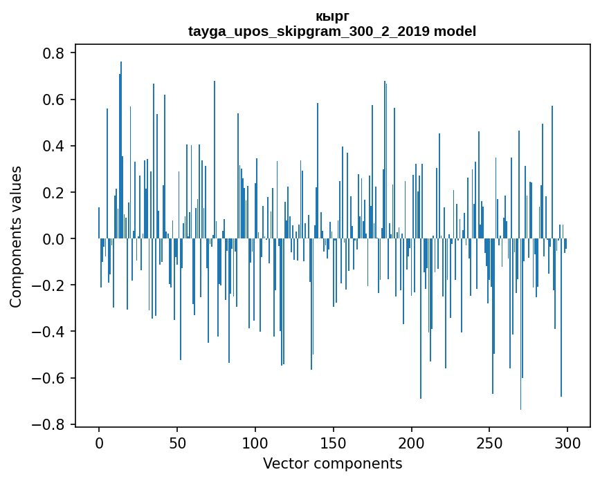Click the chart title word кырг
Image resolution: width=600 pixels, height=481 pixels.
click(x=332, y=17)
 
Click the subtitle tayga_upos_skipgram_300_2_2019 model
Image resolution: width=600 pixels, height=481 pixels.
click(x=332, y=31)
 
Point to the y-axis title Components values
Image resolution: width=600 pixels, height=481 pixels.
click(x=16, y=236)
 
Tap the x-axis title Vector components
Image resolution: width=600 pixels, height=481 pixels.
click(x=332, y=463)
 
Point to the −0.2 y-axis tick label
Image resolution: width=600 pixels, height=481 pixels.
click(x=49, y=285)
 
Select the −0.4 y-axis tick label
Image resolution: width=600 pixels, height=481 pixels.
click(x=49, y=332)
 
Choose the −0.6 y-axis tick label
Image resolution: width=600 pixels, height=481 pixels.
click(x=49, y=378)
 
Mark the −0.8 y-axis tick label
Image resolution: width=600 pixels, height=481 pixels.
click(x=49, y=424)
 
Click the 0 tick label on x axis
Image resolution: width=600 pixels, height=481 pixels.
click(x=99, y=442)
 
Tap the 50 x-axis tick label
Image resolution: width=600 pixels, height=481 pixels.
click(x=177, y=442)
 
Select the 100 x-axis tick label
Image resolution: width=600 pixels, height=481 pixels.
click(x=255, y=442)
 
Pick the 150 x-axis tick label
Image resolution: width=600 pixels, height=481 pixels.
click(x=334, y=442)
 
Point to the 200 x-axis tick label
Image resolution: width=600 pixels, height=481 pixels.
click(x=412, y=442)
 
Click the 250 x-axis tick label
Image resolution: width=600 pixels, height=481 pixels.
click(x=490, y=442)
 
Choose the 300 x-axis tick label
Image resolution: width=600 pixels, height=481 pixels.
click(x=568, y=442)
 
